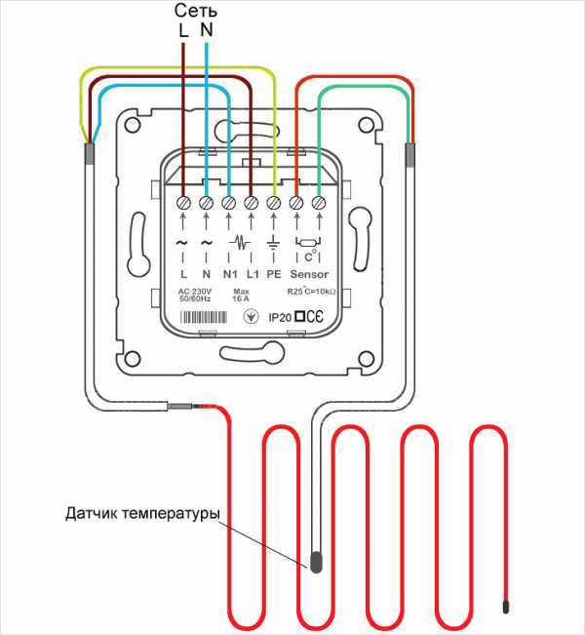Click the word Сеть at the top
(196, 11)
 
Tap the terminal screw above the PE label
(274, 203)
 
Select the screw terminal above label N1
(229, 203)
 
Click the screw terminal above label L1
(252, 203)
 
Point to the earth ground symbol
(273, 243)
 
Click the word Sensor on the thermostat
(309, 274)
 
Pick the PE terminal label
(274, 274)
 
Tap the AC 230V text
(195, 292)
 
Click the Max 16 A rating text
(241, 296)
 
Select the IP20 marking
(280, 318)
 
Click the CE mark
(315, 317)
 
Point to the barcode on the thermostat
(203, 317)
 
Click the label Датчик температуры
(143, 513)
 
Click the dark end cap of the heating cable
(506, 608)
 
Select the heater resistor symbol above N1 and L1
(240, 243)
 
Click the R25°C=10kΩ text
(311, 291)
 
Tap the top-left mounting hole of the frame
(133, 125)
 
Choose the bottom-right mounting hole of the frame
(366, 359)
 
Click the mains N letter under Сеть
(207, 30)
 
